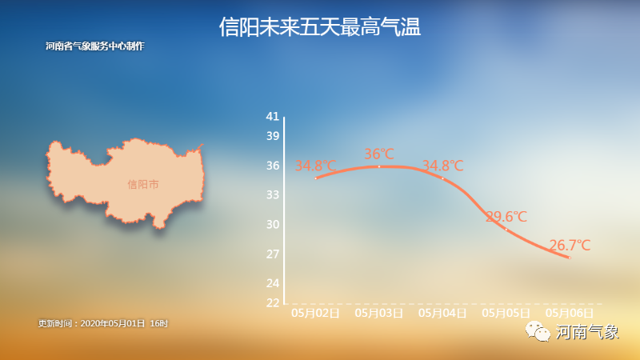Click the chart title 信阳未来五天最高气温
click(319, 27)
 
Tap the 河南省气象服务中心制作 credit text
click(95, 46)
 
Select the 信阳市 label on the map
click(143, 185)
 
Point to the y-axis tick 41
click(273, 116)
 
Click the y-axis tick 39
click(273, 136)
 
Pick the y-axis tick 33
click(273, 194)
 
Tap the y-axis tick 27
click(273, 254)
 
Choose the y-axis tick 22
click(273, 302)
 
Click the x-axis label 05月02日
click(315, 313)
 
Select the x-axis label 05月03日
click(379, 313)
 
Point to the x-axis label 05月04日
click(443, 313)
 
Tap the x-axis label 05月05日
click(506, 313)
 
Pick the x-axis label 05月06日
click(570, 313)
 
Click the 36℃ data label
click(379, 154)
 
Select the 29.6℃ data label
click(506, 216)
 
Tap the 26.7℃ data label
click(570, 246)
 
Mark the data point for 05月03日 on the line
click(379, 166)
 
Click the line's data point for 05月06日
click(570, 258)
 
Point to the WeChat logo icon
click(538, 331)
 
